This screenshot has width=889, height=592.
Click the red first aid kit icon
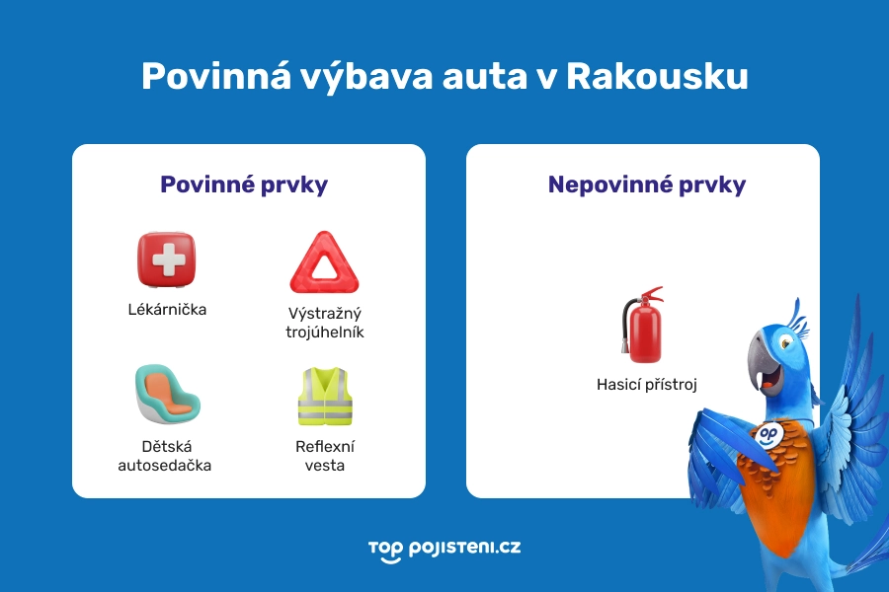166,260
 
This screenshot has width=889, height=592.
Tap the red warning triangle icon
318,262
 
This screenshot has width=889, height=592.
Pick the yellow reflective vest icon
325,396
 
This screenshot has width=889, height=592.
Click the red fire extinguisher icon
642,327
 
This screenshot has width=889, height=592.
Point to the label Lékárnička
167,309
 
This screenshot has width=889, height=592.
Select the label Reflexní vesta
324,456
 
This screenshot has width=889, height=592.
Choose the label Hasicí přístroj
647,385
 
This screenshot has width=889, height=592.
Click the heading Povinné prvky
244,185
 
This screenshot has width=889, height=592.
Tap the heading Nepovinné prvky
647,185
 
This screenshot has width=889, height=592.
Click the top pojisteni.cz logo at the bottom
444,549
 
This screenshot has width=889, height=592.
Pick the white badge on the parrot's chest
769,434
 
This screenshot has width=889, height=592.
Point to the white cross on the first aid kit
167,259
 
